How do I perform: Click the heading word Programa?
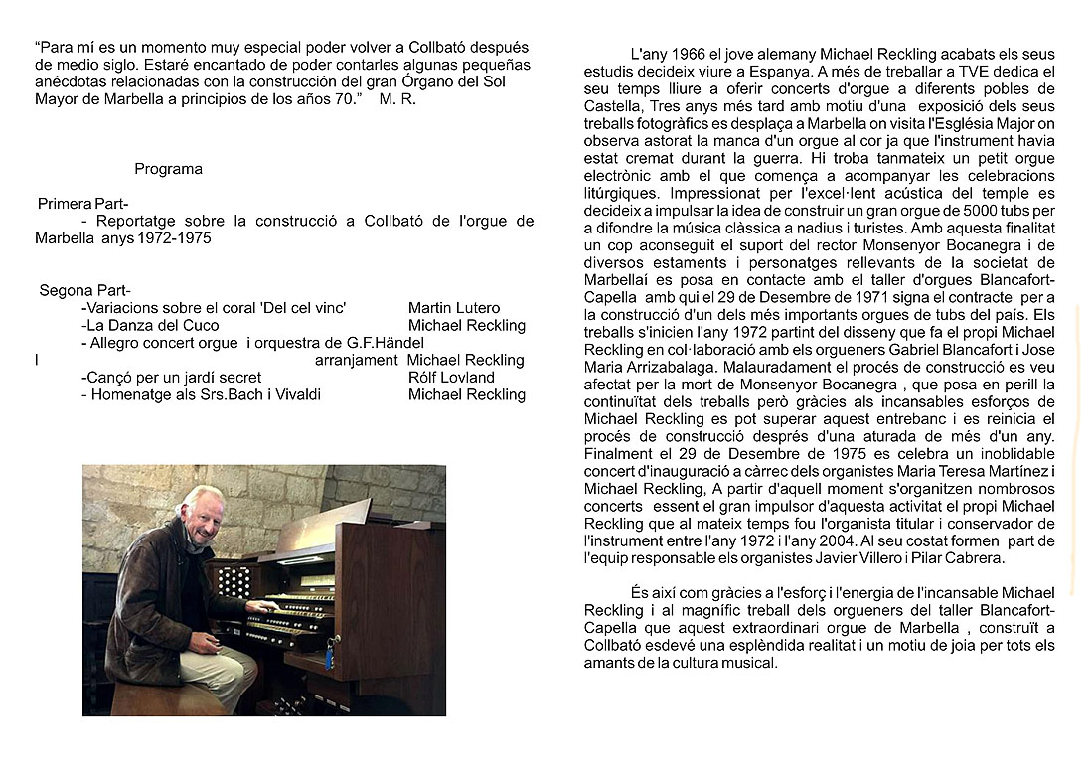tap(168, 169)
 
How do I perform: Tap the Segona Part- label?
tap(83, 291)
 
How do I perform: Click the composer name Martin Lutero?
tap(454, 308)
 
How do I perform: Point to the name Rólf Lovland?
tap(451, 377)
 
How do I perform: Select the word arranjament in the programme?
tap(356, 360)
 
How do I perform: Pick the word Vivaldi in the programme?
tap(295, 394)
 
